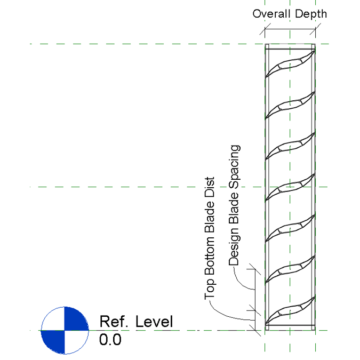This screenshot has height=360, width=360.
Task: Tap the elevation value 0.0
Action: [110, 339]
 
